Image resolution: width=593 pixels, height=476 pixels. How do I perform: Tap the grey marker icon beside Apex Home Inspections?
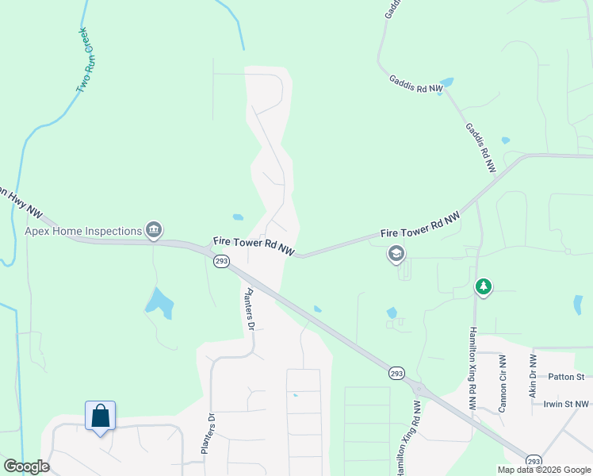(x=154, y=231)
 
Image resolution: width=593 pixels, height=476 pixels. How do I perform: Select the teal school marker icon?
(x=395, y=254)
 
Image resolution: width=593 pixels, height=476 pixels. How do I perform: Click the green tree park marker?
(x=482, y=286)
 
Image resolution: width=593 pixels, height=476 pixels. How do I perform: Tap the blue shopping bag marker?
(x=100, y=416)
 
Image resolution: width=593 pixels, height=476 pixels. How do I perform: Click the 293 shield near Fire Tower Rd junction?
(x=221, y=260)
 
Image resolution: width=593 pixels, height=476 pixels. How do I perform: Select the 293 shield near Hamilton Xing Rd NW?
(x=397, y=372)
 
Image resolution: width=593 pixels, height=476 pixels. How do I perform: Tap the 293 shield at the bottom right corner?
(x=534, y=460)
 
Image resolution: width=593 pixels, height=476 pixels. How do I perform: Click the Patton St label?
(x=568, y=377)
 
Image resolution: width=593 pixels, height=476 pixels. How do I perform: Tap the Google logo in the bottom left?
(x=26, y=466)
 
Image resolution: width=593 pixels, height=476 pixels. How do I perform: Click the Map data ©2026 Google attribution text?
(x=545, y=470)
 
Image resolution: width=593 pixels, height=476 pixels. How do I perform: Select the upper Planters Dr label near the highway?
(x=248, y=309)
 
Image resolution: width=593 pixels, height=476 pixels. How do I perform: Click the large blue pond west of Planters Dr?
(x=159, y=302)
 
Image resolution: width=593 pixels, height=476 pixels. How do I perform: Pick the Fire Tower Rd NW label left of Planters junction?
(x=254, y=246)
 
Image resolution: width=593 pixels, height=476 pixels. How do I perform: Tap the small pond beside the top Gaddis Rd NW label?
(x=447, y=82)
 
